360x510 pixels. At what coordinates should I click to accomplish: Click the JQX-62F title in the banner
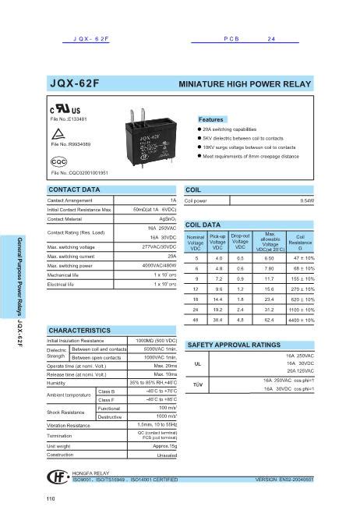coord(76,82)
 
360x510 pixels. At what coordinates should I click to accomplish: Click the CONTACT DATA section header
coord(75,189)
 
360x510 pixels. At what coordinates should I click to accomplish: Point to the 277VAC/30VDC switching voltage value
coord(159,246)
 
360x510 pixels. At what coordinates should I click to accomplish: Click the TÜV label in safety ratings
coord(198,384)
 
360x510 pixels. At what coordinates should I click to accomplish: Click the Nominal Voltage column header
coord(196,242)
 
